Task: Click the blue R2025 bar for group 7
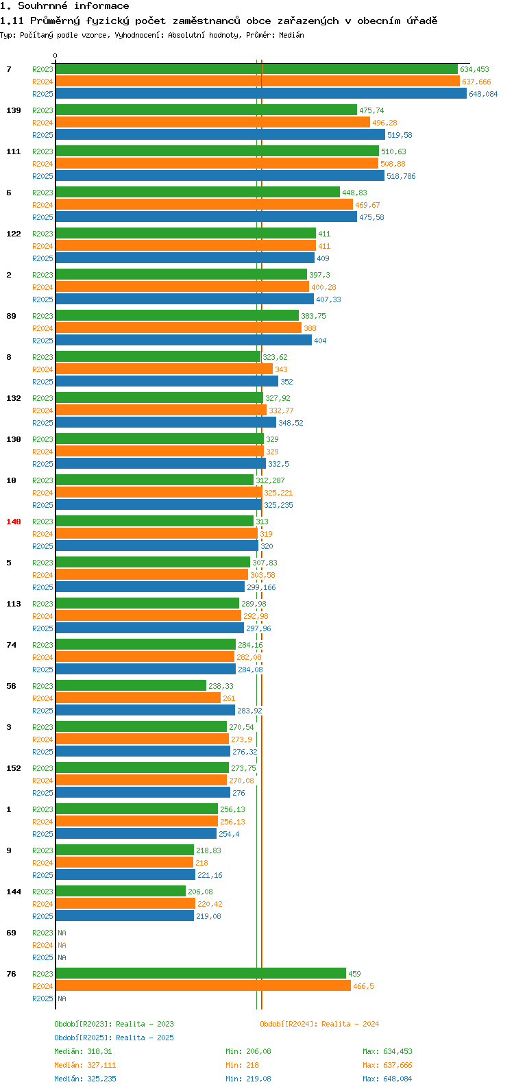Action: click(x=261, y=93)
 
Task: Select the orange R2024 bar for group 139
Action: click(x=213, y=122)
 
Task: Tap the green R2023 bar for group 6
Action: click(x=198, y=193)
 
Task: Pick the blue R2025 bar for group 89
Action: click(x=184, y=341)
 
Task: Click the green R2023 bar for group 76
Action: click(x=201, y=974)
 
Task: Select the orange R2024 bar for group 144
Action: click(x=125, y=904)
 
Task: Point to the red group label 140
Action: click(x=14, y=522)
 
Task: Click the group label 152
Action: click(x=14, y=768)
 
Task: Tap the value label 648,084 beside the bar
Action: click(x=483, y=94)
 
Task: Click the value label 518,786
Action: click(x=401, y=176)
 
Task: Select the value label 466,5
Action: click(x=363, y=986)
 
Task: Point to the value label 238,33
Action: click(x=221, y=686)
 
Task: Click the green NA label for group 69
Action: click(x=62, y=933)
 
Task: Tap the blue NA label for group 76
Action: click(x=62, y=998)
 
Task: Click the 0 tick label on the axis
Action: click(x=55, y=56)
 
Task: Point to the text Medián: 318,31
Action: click(x=83, y=1051)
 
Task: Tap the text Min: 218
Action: click(x=242, y=1065)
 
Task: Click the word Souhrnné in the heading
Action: click(x=43, y=6)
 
